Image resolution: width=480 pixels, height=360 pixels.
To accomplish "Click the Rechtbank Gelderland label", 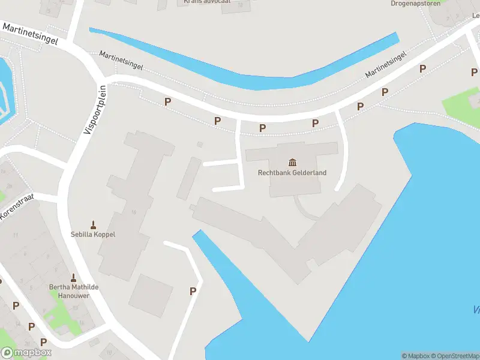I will coord(292,173).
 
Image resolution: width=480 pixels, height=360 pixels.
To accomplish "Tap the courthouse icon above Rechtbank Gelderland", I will coord(292,162).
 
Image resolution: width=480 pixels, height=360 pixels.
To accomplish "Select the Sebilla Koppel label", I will coord(93,235).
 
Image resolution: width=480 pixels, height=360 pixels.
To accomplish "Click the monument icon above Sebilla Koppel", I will coord(93,225).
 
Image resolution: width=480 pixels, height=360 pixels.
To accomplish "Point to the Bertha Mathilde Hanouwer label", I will coord(73,291).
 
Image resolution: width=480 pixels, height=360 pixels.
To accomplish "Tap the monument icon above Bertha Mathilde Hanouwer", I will coord(73,278).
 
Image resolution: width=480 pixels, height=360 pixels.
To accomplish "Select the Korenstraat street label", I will coord(17,206).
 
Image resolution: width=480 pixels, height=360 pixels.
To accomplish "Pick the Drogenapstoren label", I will coord(415,4).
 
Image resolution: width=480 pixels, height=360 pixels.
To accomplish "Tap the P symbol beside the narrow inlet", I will coord(193,292).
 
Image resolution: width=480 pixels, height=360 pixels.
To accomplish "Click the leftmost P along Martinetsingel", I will coord(167,102).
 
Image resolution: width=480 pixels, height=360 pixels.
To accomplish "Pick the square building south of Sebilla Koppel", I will coord(151,295).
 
